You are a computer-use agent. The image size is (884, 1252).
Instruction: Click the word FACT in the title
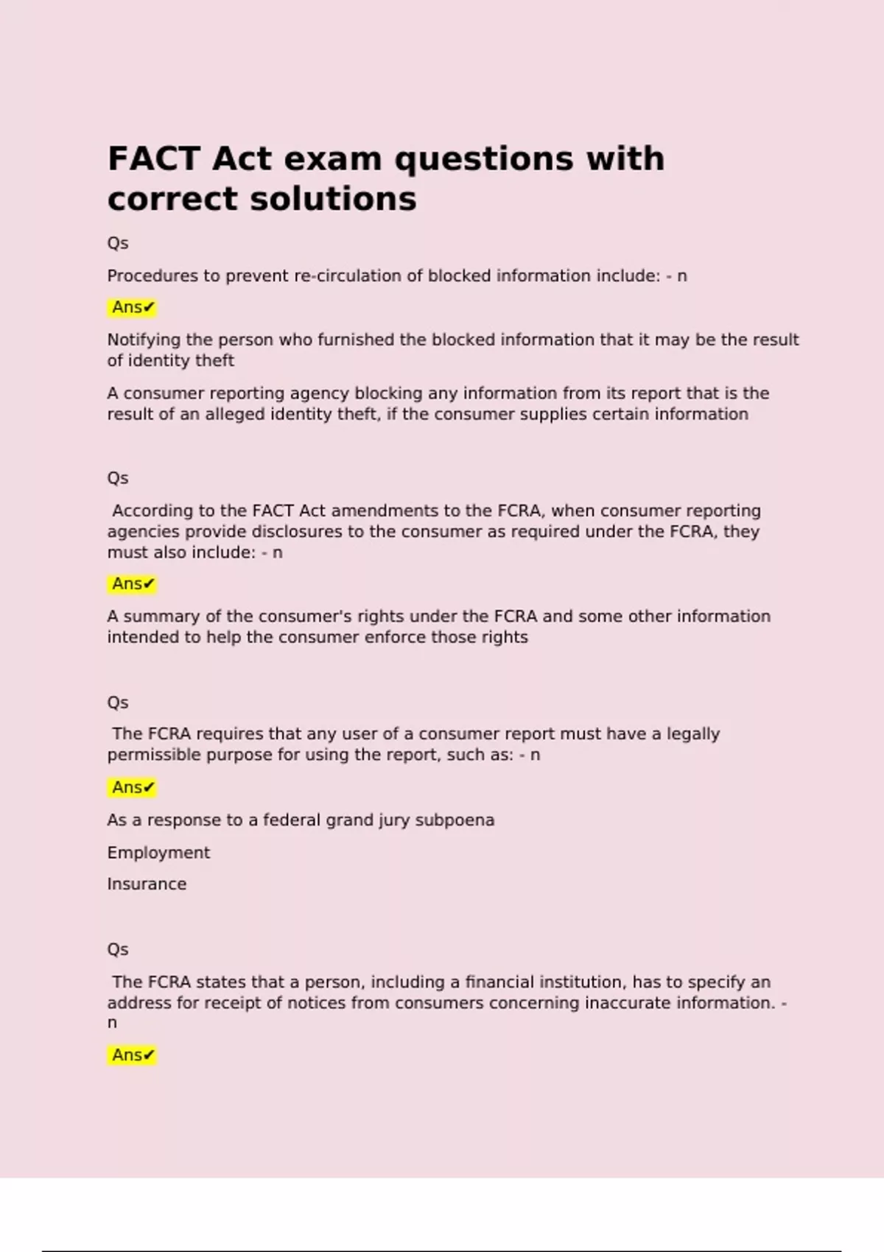tap(154, 159)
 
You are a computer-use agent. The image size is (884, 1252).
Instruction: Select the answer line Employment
tap(158, 853)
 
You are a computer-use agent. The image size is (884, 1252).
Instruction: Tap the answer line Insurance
tap(147, 885)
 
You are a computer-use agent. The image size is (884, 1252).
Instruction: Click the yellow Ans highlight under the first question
tap(133, 308)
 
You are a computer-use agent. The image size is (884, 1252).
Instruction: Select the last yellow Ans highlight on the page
tap(133, 1055)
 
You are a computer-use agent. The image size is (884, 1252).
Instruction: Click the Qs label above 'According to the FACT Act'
tap(118, 479)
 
